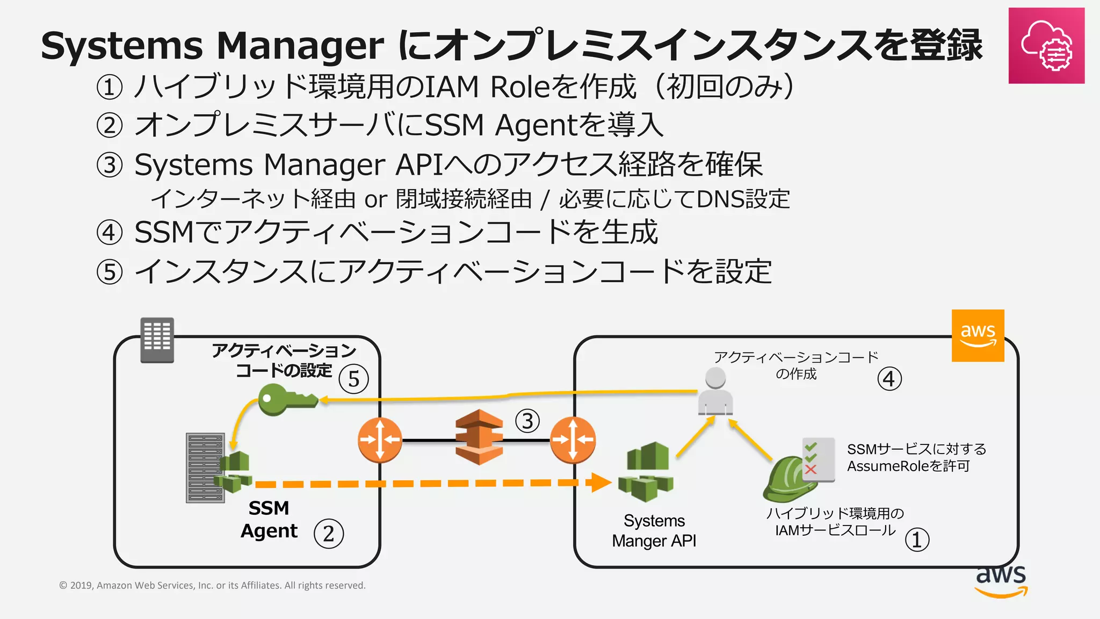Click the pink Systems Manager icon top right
pyautogui.click(x=1046, y=46)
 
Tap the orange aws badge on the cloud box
pyautogui.click(x=978, y=335)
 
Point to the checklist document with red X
pyautogui.click(x=819, y=459)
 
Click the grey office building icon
pyautogui.click(x=157, y=340)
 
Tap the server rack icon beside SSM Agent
pyautogui.click(x=205, y=467)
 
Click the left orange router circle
pyautogui.click(x=380, y=440)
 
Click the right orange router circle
pyautogui.click(x=573, y=440)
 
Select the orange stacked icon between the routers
pyautogui.click(x=479, y=437)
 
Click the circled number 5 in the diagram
pyautogui.click(x=353, y=379)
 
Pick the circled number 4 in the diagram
pyautogui.click(x=889, y=379)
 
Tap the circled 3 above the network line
pyautogui.click(x=527, y=421)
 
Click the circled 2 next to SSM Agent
pyautogui.click(x=329, y=534)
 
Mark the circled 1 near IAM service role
pyautogui.click(x=917, y=539)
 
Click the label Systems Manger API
pyautogui.click(x=654, y=530)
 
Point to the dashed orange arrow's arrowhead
pyautogui.click(x=600, y=482)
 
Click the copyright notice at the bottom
pyautogui.click(x=212, y=585)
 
